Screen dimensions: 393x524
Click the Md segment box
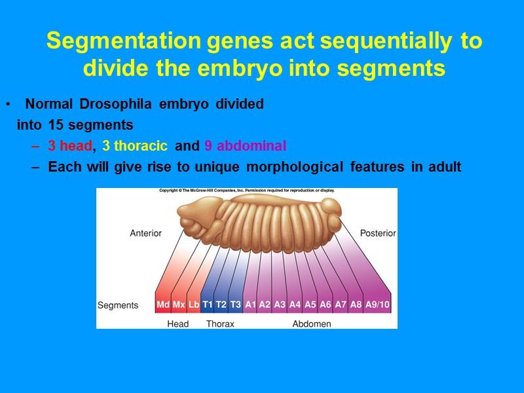coord(163,305)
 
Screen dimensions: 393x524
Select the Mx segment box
coord(179,305)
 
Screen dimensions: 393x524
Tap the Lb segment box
coord(194,305)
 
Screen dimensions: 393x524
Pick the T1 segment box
coord(208,305)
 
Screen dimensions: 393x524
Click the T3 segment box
coord(236,305)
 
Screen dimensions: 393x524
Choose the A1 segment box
coord(250,305)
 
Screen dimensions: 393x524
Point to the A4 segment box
coord(295,305)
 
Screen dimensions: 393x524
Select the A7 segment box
coord(341,305)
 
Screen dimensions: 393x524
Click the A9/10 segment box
coord(377,305)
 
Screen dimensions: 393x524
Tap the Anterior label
coord(145,233)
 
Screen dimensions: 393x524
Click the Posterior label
coord(378,233)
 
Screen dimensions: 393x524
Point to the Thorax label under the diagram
coord(220,324)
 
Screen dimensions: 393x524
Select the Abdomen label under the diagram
coord(311,324)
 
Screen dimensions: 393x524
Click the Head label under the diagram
coord(178,324)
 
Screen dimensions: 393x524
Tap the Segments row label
coord(118,305)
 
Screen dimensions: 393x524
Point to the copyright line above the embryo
coord(247,191)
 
